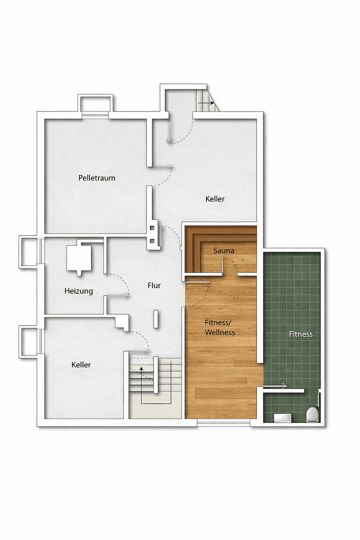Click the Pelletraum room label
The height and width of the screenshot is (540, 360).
click(x=96, y=178)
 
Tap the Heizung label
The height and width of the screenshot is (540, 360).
click(x=78, y=291)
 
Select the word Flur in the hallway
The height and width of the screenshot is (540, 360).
click(x=154, y=286)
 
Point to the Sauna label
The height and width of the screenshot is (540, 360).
click(x=223, y=250)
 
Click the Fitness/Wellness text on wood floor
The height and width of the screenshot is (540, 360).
click(x=220, y=327)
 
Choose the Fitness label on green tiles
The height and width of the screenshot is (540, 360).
click(x=300, y=334)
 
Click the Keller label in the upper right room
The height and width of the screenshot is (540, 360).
click(x=215, y=199)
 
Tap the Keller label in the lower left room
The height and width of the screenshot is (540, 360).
click(x=81, y=365)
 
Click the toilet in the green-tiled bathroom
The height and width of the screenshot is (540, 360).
click(x=312, y=414)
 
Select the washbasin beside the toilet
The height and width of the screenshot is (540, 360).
click(x=282, y=417)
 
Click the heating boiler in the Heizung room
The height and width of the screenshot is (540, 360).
click(x=79, y=258)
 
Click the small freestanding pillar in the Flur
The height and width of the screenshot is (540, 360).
click(x=155, y=318)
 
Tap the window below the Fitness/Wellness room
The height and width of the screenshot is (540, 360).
click(x=223, y=423)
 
